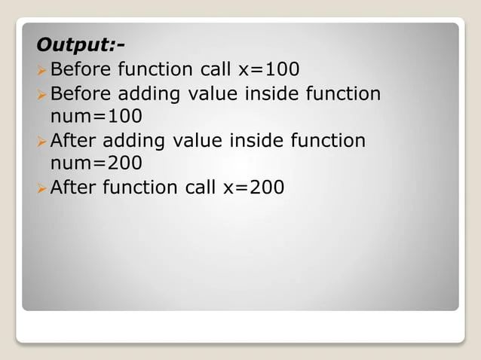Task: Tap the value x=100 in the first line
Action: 268,70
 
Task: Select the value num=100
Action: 96,117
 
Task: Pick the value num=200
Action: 96,163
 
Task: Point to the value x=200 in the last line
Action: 254,188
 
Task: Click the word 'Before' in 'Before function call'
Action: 81,70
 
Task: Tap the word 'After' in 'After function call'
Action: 73,188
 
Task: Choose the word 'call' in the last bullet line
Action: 201,188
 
